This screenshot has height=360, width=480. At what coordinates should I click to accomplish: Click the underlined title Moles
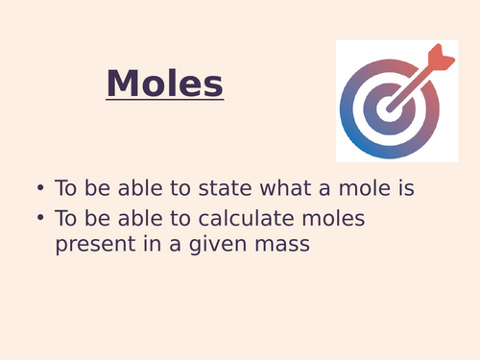165,84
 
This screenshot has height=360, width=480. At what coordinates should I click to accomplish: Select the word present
92,244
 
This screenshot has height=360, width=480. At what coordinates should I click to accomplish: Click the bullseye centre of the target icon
389,109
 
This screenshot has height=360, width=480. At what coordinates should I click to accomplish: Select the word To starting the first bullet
67,188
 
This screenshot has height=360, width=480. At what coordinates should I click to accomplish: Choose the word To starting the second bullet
67,218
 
